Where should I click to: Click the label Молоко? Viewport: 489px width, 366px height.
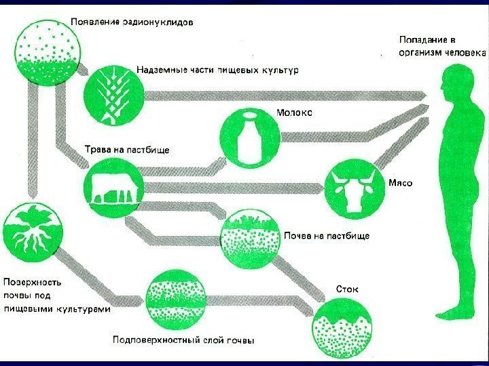pos(294,113)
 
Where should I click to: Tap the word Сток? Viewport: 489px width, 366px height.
pos(348,289)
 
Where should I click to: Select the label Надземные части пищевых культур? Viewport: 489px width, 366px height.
pos(217,70)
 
